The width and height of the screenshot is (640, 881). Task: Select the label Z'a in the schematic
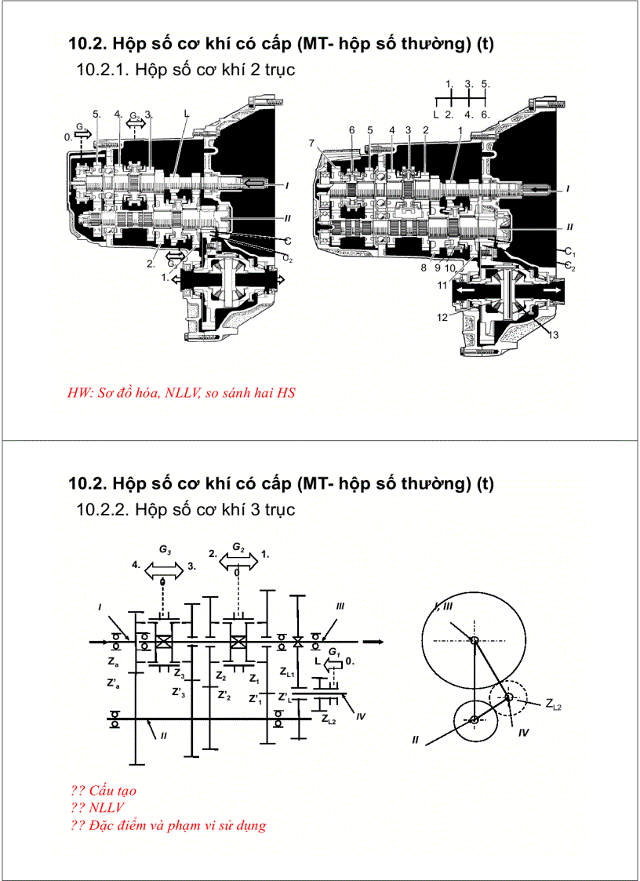pyautogui.click(x=113, y=683)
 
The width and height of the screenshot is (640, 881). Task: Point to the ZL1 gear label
pyautogui.click(x=287, y=672)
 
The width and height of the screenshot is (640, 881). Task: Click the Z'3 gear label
pyautogui.click(x=179, y=692)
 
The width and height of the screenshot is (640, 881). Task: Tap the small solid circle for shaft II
pyautogui.click(x=475, y=720)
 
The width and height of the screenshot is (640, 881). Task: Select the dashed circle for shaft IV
pyautogui.click(x=509, y=697)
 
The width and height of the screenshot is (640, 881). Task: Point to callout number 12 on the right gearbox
pyautogui.click(x=444, y=317)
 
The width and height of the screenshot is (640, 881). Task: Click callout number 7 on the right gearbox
pyautogui.click(x=313, y=143)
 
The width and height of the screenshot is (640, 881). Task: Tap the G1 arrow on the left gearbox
pyautogui.click(x=82, y=133)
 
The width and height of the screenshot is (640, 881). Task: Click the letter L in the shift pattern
pyautogui.click(x=436, y=115)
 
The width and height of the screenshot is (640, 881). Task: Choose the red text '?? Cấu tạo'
pyautogui.click(x=103, y=790)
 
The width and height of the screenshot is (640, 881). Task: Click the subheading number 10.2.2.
pyautogui.click(x=103, y=510)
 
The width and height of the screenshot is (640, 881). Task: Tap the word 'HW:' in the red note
pyautogui.click(x=81, y=392)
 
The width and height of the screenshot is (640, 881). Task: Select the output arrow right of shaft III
pyautogui.click(x=373, y=642)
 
